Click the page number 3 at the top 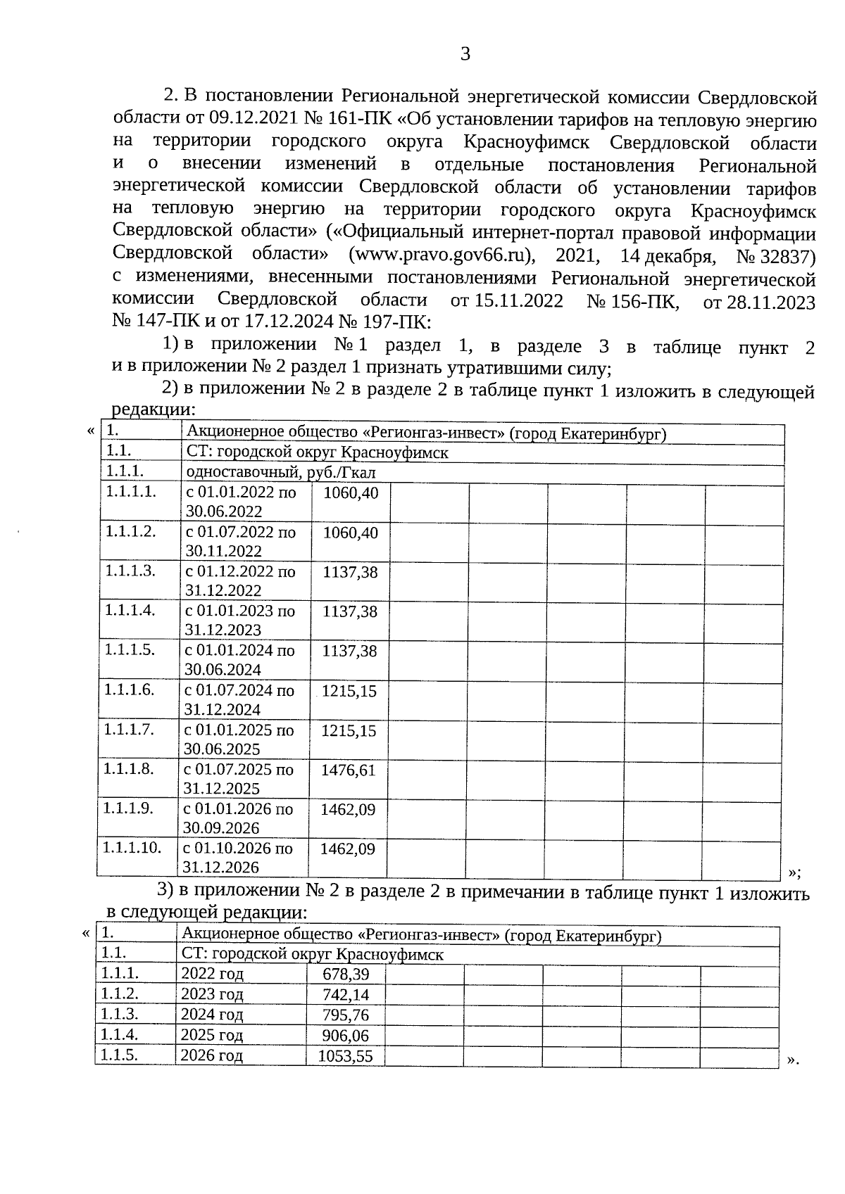465,54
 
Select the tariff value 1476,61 349,770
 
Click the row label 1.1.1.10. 132,848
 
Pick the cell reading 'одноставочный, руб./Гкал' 281,473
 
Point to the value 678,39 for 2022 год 346,974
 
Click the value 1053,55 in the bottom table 345,1056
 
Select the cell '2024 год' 212,1015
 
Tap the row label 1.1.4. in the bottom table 119,1034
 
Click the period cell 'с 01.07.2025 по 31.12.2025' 239,779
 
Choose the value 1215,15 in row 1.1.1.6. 349,691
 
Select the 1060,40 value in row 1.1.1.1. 351,493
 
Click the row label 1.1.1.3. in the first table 130,571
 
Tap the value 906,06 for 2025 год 346,1036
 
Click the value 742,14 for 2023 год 346,995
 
